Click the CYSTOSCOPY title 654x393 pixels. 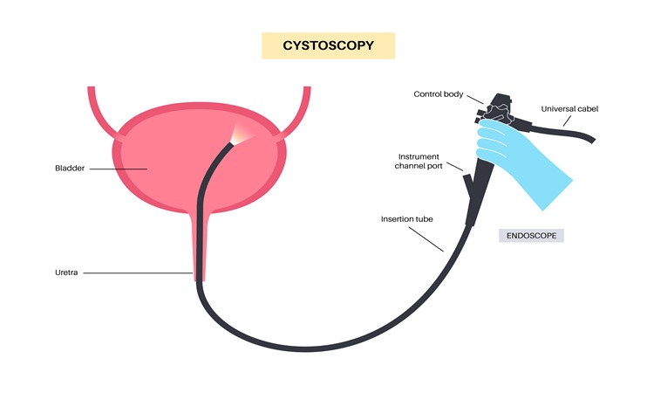pyautogui.click(x=328, y=45)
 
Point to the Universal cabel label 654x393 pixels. pyautogui.click(x=569, y=109)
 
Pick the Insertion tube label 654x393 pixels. pyautogui.click(x=406, y=217)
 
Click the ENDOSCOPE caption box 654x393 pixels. pyautogui.click(x=531, y=236)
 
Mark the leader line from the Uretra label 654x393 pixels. pyautogui.click(x=140, y=273)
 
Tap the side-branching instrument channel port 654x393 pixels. pyautogui.click(x=467, y=184)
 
